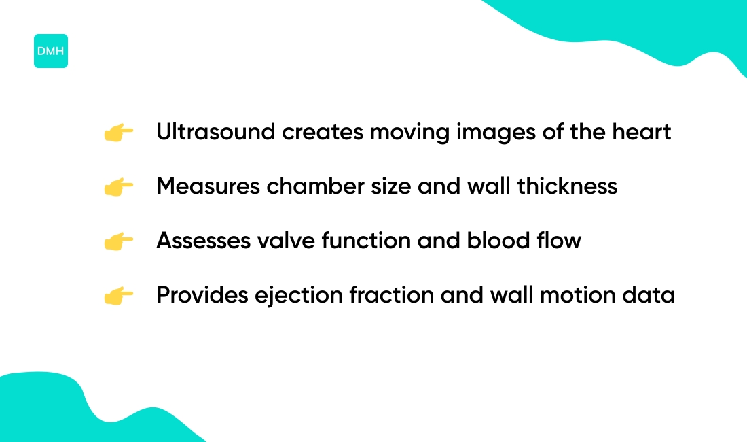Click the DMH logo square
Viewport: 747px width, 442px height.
click(x=51, y=51)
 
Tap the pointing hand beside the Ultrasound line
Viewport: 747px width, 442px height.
click(x=118, y=133)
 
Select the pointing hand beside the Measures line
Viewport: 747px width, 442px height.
click(x=118, y=187)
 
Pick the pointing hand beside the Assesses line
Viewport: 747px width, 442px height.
click(x=118, y=241)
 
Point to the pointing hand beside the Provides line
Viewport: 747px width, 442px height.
click(x=118, y=296)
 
